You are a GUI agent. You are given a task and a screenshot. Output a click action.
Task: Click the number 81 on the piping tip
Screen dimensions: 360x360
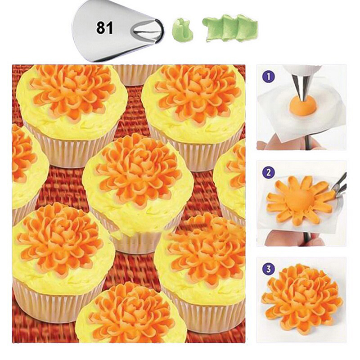coord(105,28)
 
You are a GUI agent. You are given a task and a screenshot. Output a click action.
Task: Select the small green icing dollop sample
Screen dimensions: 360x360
coord(183,31)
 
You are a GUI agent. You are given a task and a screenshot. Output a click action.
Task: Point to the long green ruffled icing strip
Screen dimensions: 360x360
coord(230,28)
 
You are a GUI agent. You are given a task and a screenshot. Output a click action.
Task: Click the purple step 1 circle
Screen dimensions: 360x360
coord(269,76)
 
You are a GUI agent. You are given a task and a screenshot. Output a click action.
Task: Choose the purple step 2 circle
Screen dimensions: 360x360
coord(268,172)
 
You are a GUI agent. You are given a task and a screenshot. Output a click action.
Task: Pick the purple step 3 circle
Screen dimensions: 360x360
coord(268,269)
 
